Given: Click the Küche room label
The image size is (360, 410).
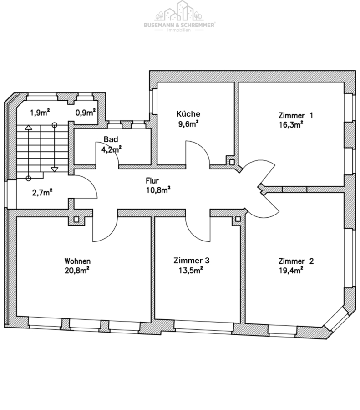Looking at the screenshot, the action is point(188,114).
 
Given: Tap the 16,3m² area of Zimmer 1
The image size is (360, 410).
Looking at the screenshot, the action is point(291,125).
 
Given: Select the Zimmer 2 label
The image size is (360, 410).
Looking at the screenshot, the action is point(296,261).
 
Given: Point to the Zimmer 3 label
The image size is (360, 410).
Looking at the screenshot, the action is point(191,261).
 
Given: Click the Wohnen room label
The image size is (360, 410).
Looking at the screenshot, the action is point(77,261).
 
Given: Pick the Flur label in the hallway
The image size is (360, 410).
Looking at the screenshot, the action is point(152,181).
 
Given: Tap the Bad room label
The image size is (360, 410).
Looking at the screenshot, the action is point(111,139).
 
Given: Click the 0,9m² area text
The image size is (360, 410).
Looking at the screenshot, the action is point(86,113).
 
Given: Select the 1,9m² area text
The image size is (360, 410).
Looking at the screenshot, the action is point(40,113).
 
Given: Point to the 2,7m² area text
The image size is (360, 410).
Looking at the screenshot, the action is point(42,193).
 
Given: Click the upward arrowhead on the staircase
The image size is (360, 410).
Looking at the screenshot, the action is point(29,128).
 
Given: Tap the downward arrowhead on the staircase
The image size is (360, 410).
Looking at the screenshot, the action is point(54,169).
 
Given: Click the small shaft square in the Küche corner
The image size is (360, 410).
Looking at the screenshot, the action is point(232,162).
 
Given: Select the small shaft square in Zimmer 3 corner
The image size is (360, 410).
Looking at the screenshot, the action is point(238,219).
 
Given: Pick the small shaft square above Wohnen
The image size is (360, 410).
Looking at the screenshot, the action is point(76,219).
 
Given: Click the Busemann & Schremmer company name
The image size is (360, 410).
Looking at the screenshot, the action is point(179,25).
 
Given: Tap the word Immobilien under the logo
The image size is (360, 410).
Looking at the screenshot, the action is point(179,30).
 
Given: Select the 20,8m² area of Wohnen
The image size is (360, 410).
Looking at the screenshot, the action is point(77,270).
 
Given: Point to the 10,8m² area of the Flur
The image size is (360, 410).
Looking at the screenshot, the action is point(158,190).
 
